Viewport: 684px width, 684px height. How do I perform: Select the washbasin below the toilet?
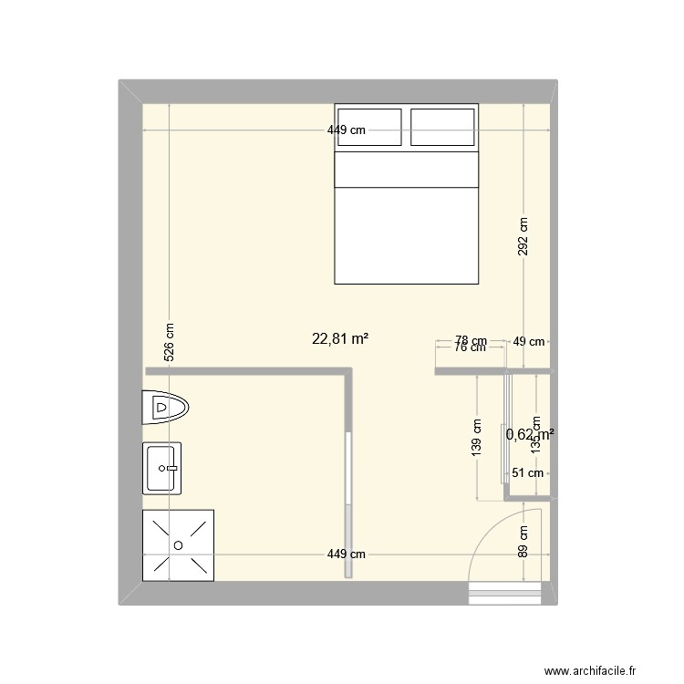(x=162, y=468)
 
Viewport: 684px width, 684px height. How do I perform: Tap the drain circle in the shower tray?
(x=178, y=544)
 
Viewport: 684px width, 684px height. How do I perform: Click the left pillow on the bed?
(x=369, y=126)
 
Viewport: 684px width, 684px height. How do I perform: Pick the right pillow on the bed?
(x=443, y=126)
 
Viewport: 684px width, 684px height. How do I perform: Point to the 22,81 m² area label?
(x=340, y=338)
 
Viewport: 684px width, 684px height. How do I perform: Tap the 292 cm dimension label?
(x=523, y=236)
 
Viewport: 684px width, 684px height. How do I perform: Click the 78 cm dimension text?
(x=471, y=340)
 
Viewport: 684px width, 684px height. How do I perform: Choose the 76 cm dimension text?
(x=471, y=347)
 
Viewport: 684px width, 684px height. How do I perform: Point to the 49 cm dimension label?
(x=529, y=342)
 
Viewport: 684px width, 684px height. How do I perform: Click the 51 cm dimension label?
(x=527, y=472)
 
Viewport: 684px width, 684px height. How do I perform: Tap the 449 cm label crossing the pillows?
(x=347, y=130)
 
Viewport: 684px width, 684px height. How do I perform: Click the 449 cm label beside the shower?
(x=347, y=554)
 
